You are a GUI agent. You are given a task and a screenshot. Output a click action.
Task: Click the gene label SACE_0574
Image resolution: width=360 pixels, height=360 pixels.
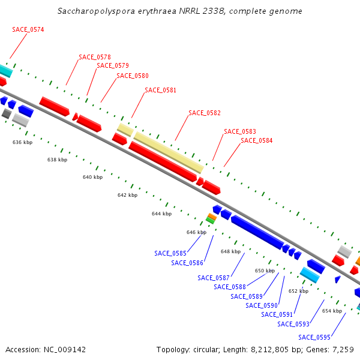[x=28, y=29]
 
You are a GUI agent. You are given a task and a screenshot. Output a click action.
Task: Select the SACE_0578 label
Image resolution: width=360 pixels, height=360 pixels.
[x=95, y=57]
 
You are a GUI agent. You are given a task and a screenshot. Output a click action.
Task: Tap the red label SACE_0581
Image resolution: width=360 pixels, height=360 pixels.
[x=161, y=90]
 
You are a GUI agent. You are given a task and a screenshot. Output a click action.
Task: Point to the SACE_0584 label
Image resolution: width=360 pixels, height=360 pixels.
[x=257, y=140]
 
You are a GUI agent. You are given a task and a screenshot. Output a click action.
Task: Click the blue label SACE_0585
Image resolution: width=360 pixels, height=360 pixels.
[x=170, y=253]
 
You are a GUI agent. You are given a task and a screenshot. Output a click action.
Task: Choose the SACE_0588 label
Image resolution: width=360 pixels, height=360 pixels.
[x=230, y=287]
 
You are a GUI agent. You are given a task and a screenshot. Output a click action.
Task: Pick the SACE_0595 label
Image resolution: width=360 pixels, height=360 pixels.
[x=314, y=337]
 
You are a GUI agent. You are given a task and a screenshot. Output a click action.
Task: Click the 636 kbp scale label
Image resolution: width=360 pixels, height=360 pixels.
[x=22, y=142]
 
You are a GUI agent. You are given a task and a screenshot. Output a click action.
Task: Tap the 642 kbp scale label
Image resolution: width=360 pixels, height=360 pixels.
[x=127, y=195]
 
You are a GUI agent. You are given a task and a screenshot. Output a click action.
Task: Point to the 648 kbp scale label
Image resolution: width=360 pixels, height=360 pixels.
[x=230, y=251]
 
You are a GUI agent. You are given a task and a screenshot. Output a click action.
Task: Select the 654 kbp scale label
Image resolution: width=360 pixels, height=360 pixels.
[x=332, y=311]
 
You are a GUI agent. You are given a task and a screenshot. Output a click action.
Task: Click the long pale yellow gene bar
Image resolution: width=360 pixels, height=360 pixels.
[x=168, y=152]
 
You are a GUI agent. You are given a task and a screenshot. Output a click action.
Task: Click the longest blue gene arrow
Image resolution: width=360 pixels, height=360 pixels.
[x=257, y=232]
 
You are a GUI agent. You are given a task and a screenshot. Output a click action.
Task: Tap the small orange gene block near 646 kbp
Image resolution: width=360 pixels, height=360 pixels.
[x=212, y=217]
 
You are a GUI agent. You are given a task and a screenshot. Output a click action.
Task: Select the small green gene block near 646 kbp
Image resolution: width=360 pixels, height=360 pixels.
[x=210, y=220]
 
